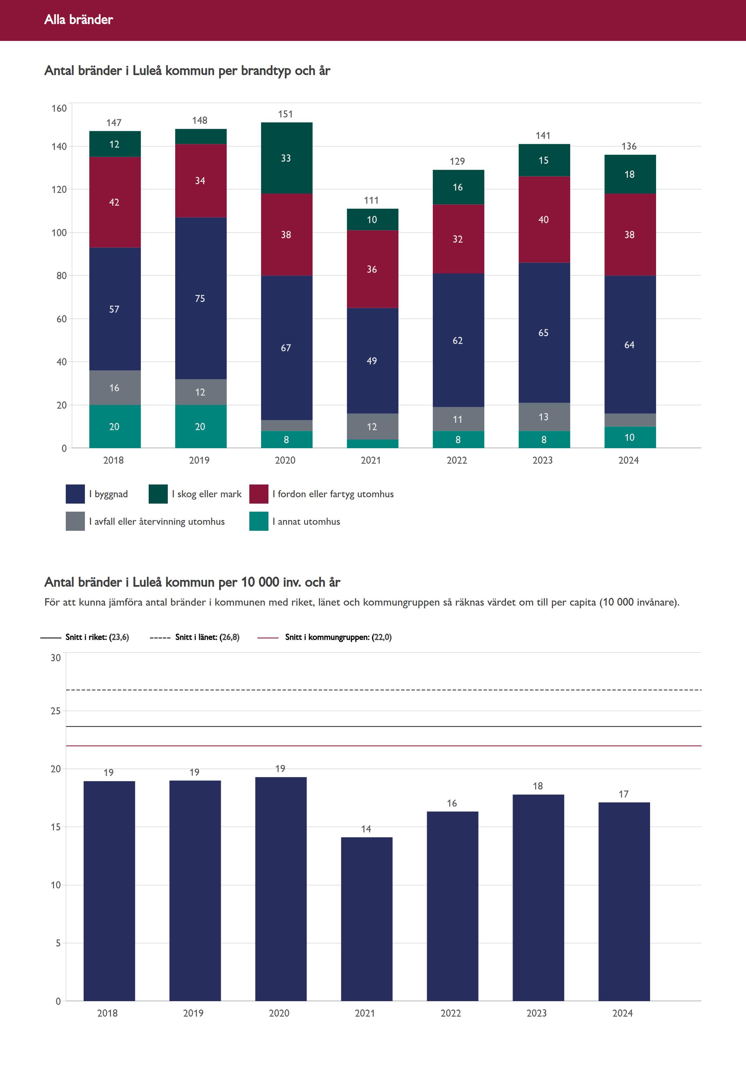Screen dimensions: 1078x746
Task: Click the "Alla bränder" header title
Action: click(x=79, y=19)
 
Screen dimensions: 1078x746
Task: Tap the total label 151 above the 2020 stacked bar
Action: click(x=285, y=114)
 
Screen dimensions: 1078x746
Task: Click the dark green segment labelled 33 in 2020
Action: click(x=286, y=158)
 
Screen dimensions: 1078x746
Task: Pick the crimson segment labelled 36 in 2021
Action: click(x=372, y=269)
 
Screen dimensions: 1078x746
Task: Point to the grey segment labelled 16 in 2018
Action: click(x=114, y=388)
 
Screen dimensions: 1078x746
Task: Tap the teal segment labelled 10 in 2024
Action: click(x=630, y=438)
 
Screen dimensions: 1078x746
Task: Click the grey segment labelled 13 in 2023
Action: click(x=544, y=417)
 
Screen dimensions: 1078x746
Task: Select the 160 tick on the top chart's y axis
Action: click(x=59, y=108)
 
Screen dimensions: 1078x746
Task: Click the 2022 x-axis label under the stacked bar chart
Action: click(x=457, y=460)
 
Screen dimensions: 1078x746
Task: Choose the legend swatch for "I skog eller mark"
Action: click(x=158, y=494)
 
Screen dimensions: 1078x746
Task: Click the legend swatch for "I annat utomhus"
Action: click(x=258, y=521)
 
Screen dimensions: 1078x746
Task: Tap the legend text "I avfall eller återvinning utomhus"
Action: click(x=157, y=521)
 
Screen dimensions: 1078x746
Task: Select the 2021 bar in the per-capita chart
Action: click(x=366, y=918)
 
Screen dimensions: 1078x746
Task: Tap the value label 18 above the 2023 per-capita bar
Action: click(x=538, y=786)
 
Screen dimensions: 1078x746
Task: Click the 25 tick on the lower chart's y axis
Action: click(x=56, y=711)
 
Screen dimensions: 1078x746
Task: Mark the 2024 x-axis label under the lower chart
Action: click(x=623, y=1013)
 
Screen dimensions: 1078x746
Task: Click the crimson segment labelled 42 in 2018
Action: click(x=114, y=202)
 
